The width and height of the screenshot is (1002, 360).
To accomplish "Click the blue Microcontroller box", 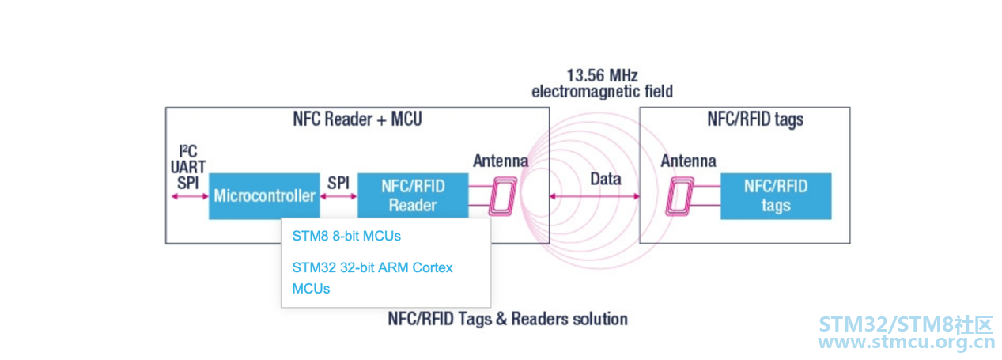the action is pos(264,196).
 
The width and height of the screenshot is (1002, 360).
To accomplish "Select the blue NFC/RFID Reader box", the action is pos(413,195).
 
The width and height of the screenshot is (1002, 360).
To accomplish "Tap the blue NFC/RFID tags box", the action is pos(776,196).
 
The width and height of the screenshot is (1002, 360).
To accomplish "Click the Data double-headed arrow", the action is pos(595,196).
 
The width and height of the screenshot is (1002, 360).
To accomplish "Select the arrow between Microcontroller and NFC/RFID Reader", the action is pos(338,196).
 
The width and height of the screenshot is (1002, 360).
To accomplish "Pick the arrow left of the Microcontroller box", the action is pos(190,196).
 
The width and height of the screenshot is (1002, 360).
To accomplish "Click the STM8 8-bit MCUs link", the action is pos(346,236).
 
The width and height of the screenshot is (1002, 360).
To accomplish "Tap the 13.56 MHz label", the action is pos(602,75).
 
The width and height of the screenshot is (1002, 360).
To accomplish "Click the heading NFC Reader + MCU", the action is pos(357,119).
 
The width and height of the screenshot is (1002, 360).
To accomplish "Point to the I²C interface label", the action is pos(188,151).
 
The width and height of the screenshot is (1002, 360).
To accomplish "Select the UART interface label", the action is pos(188,167).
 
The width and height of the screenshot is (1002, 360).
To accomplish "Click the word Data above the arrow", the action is pos(606,179).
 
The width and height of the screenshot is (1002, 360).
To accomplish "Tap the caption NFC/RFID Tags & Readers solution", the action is pos(508,319).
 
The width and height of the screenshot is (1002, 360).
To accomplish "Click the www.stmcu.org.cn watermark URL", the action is pos(906,343).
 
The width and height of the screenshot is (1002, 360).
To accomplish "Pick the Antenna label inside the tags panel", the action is pos(688,161).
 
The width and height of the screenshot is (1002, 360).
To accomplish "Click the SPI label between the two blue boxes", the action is pos(338,183).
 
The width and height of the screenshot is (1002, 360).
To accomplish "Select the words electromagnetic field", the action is pos(602,91).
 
